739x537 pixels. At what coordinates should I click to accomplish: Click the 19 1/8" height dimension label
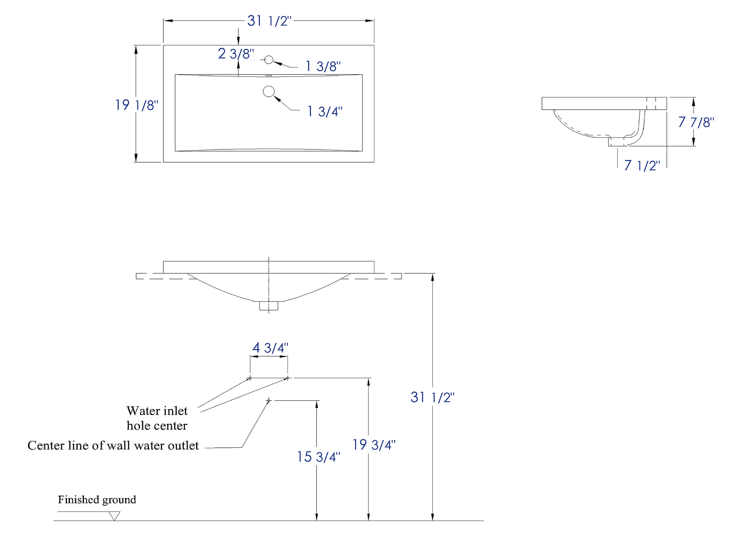pos(137,105)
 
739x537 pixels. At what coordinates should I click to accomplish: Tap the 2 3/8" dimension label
pos(236,54)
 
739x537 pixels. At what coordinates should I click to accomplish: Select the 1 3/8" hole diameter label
pos(323,66)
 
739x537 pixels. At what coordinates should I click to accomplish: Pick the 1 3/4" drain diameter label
pos(325,111)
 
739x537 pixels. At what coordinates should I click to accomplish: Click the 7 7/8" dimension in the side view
pos(696,122)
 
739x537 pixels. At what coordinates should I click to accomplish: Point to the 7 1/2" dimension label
pos(642,165)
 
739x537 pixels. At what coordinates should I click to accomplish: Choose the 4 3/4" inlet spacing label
pos(270,348)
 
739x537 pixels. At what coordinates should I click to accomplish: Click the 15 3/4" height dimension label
pos(319,457)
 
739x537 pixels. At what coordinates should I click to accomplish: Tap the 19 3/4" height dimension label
pos(374,445)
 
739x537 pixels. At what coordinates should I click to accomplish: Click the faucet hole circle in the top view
pos(269,60)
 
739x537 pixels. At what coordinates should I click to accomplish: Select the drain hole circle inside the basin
pos(269,91)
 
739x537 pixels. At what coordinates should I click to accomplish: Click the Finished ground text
pos(97,500)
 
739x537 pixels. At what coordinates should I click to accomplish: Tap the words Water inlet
pos(157,411)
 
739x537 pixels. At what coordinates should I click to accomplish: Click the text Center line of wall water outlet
pos(113,445)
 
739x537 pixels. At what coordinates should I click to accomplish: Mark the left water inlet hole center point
pos(250,378)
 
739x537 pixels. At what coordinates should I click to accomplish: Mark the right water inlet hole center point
pos(287,378)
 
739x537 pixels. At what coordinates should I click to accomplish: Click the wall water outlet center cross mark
pos(269,401)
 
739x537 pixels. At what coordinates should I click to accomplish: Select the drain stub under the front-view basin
pos(269,306)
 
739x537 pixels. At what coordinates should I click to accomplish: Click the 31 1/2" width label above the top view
pos(269,21)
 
